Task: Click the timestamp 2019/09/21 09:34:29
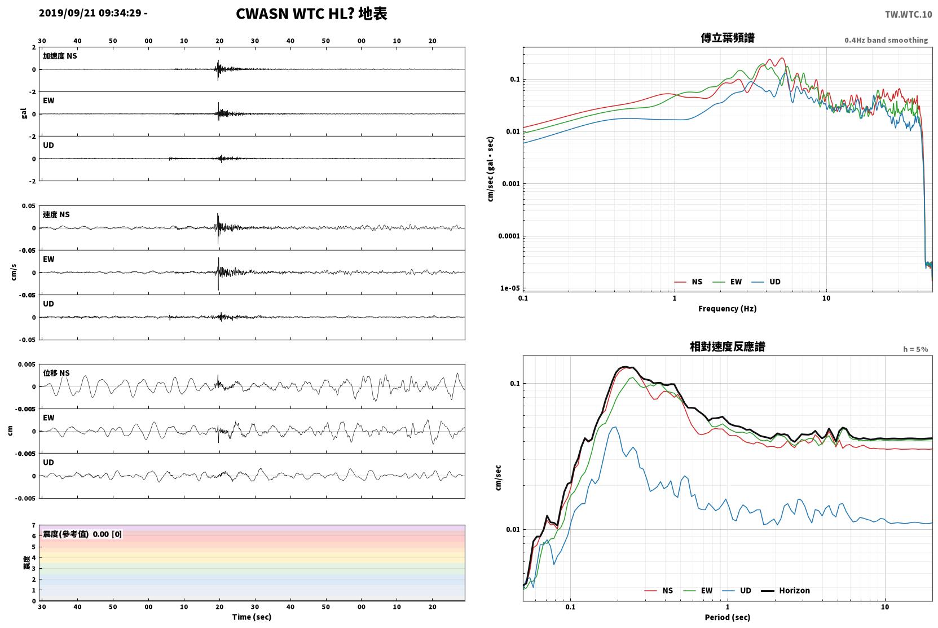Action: click(x=90, y=13)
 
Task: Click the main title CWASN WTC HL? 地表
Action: click(x=311, y=14)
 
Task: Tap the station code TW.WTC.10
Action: click(x=908, y=15)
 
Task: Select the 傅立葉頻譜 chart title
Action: click(x=728, y=38)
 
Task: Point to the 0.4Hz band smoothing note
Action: click(x=886, y=40)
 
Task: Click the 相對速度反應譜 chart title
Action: click(x=728, y=347)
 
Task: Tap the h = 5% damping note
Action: click(x=915, y=349)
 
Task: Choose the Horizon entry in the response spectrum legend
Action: click(x=785, y=591)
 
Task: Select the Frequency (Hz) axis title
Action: click(x=728, y=309)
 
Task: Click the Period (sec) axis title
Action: click(x=728, y=617)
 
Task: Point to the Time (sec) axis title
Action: click(x=252, y=617)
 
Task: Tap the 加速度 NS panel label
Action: click(x=60, y=56)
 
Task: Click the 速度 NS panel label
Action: click(x=56, y=215)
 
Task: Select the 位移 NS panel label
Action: click(x=56, y=374)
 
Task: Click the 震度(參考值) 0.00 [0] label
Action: click(x=82, y=534)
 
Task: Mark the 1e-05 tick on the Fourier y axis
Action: click(x=510, y=288)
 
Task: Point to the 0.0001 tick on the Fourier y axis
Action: click(x=509, y=236)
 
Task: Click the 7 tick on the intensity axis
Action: click(x=34, y=525)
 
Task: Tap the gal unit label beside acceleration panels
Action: click(x=24, y=113)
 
